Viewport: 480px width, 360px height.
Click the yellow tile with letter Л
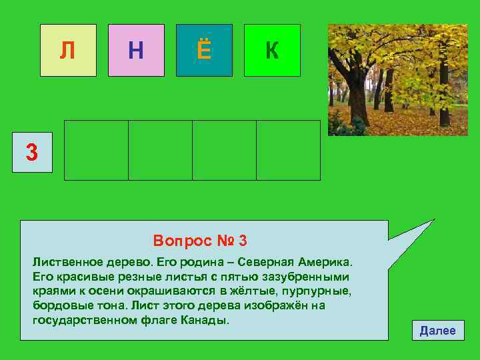point(68,50)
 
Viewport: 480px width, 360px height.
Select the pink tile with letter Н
point(136,50)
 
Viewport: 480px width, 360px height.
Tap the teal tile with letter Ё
point(204,50)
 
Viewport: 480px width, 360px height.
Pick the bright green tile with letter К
point(272,50)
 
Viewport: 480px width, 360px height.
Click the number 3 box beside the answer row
point(31,152)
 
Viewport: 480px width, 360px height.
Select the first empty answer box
point(96,150)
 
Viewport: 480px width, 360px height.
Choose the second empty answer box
point(160,150)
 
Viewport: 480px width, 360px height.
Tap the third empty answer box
point(224,150)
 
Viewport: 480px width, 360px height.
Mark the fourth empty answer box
point(288,150)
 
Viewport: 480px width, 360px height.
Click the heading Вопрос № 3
point(200,240)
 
